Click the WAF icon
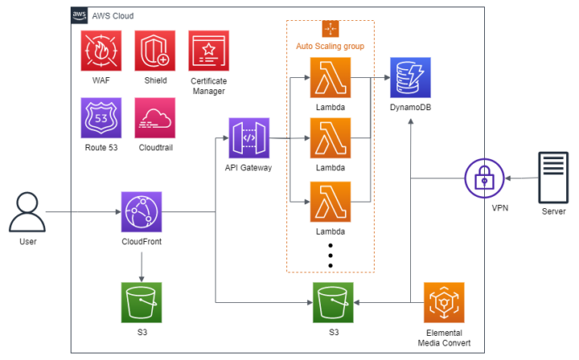101,51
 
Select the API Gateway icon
248,139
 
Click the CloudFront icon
142,212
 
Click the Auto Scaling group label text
330,47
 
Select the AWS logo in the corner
80,15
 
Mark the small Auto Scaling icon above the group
331,28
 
